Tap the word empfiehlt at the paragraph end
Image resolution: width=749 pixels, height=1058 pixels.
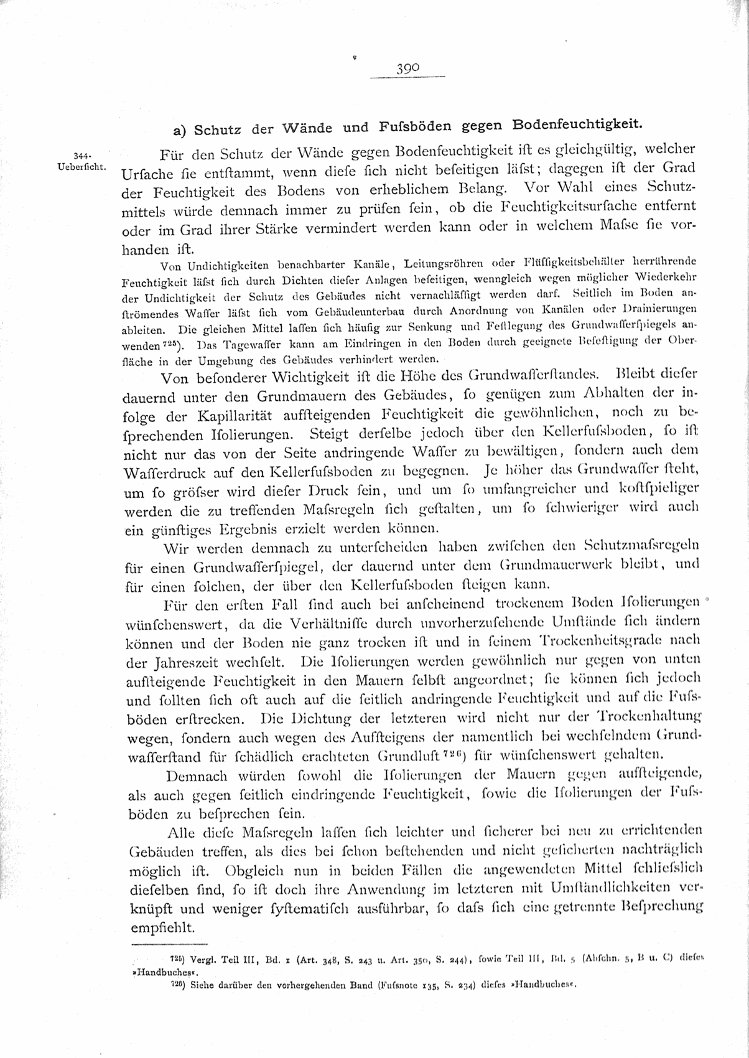[161, 927]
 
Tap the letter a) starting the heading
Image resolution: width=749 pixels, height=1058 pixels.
[180, 131]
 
